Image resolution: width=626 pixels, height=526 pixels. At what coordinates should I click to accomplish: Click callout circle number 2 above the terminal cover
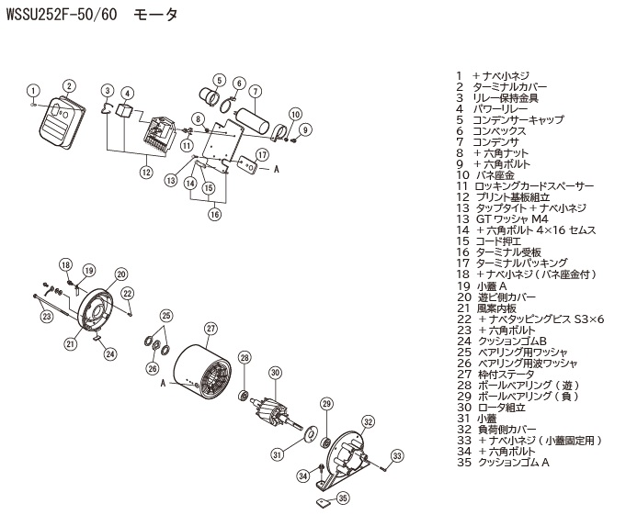tap(68, 86)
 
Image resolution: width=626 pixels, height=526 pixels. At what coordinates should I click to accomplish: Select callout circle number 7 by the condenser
tap(256, 90)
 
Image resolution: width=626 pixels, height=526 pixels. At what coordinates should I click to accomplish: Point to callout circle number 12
tap(145, 171)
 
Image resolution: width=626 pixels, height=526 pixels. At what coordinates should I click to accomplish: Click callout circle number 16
tap(213, 214)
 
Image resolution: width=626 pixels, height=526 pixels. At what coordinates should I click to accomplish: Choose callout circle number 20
tap(120, 273)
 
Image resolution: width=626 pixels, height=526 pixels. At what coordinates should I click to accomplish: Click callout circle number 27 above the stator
tap(211, 329)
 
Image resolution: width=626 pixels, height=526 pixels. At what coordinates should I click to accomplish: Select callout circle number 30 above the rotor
tap(274, 372)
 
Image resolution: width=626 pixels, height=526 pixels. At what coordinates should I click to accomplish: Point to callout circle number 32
tap(368, 422)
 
